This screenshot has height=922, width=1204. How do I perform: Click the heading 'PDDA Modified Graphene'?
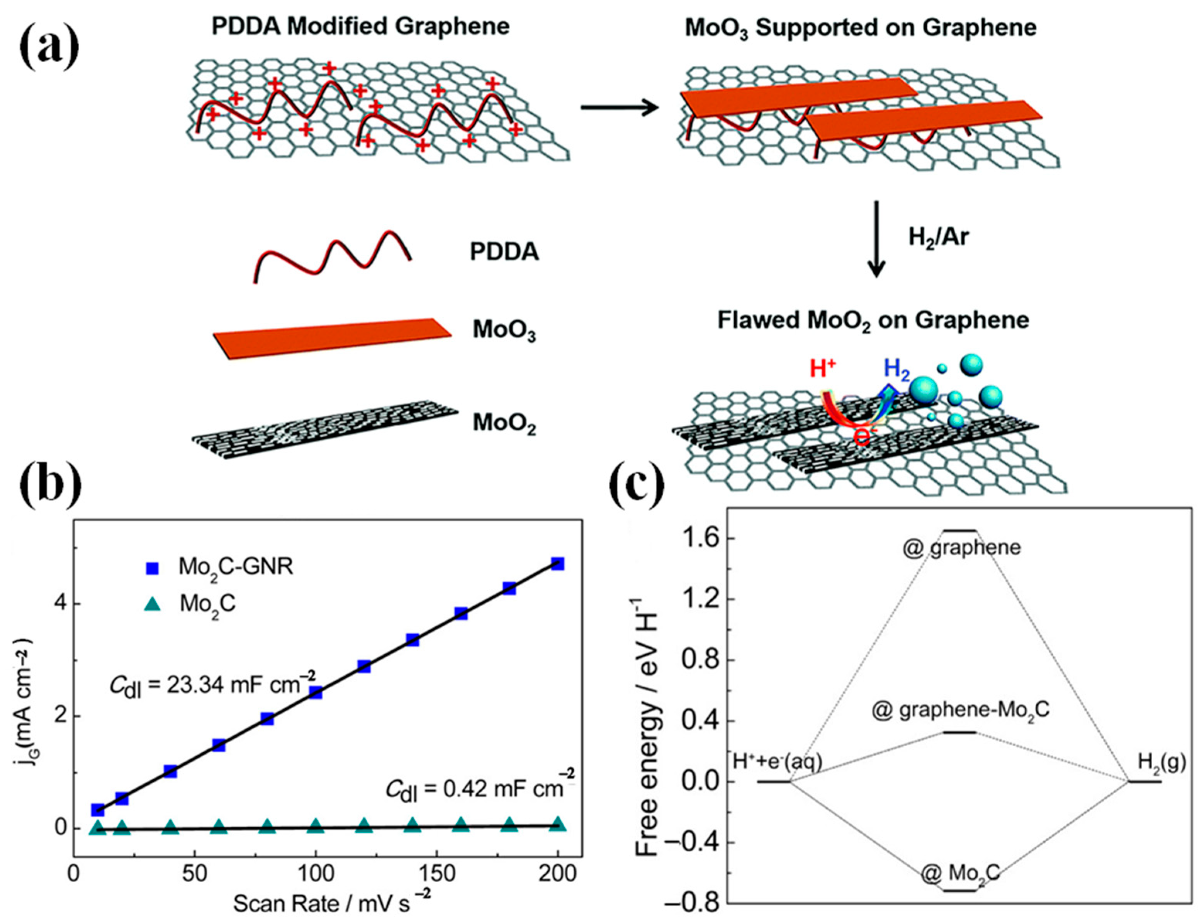pos(360,26)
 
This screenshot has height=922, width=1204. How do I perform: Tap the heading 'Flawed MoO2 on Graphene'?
pos(873,320)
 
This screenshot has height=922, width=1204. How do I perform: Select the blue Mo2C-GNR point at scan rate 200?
pos(558,564)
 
